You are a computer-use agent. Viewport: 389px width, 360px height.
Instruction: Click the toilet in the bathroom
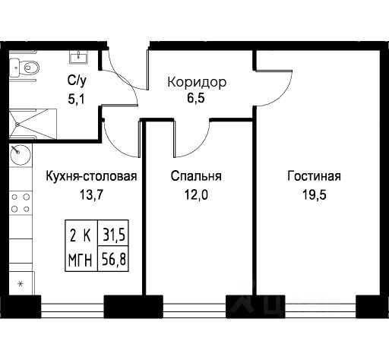[x=24, y=68]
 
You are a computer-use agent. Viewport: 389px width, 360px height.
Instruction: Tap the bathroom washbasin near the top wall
[x=79, y=57]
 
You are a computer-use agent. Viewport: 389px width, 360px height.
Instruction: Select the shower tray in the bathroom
[x=33, y=124]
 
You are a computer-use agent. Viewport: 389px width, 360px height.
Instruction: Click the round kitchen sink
[x=21, y=154]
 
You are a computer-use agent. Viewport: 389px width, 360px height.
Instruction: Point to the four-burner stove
[x=21, y=203]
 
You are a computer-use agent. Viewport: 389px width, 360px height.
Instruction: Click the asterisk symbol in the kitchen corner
[x=21, y=284]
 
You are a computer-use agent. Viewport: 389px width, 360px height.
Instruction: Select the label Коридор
[x=197, y=82]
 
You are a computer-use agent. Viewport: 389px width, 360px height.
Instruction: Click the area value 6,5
[x=196, y=98]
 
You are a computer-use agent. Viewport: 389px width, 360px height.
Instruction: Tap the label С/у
[x=77, y=81]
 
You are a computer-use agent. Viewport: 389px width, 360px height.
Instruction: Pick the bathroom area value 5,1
[x=76, y=99]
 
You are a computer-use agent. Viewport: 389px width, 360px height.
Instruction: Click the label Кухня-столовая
[x=91, y=176]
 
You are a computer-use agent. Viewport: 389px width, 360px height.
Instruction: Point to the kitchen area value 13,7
[x=91, y=194]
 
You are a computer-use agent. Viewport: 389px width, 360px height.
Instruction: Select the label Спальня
[x=196, y=176]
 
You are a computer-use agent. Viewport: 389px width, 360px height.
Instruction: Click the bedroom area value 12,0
[x=196, y=194]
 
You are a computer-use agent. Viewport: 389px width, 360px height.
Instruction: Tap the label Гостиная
[x=314, y=176]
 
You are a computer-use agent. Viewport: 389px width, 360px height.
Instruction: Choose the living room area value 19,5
[x=315, y=194]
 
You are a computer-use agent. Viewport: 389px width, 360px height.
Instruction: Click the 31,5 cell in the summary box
[x=113, y=233]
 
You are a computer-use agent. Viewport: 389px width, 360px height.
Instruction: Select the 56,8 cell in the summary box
[x=113, y=259]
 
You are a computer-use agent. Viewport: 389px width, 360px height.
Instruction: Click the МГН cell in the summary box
[x=81, y=259]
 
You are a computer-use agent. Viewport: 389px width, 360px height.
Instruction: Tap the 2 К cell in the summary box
[x=81, y=233]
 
